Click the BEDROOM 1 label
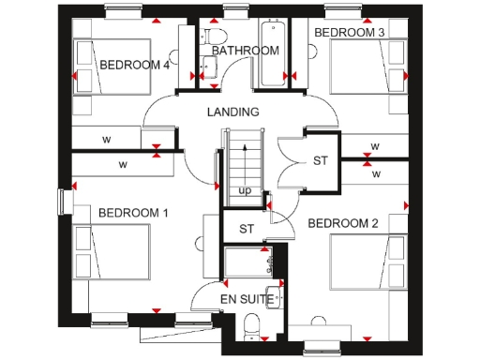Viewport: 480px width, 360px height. click(133, 213)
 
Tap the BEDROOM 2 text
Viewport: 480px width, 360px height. click(343, 223)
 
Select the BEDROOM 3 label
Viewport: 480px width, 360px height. click(350, 33)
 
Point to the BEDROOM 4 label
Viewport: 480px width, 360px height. click(134, 65)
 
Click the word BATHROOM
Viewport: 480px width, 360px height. click(246, 51)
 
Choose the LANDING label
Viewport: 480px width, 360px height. click(232, 112)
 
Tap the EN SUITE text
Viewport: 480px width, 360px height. click(247, 299)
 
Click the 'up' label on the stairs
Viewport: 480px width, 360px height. click(246, 190)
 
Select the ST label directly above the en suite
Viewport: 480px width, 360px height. click(247, 229)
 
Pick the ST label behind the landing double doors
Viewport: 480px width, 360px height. click(321, 161)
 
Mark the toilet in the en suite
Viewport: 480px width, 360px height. click(249, 325)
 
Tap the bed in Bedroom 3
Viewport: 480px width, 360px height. click(360, 67)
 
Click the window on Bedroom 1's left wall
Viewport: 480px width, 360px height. click(66, 201)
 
